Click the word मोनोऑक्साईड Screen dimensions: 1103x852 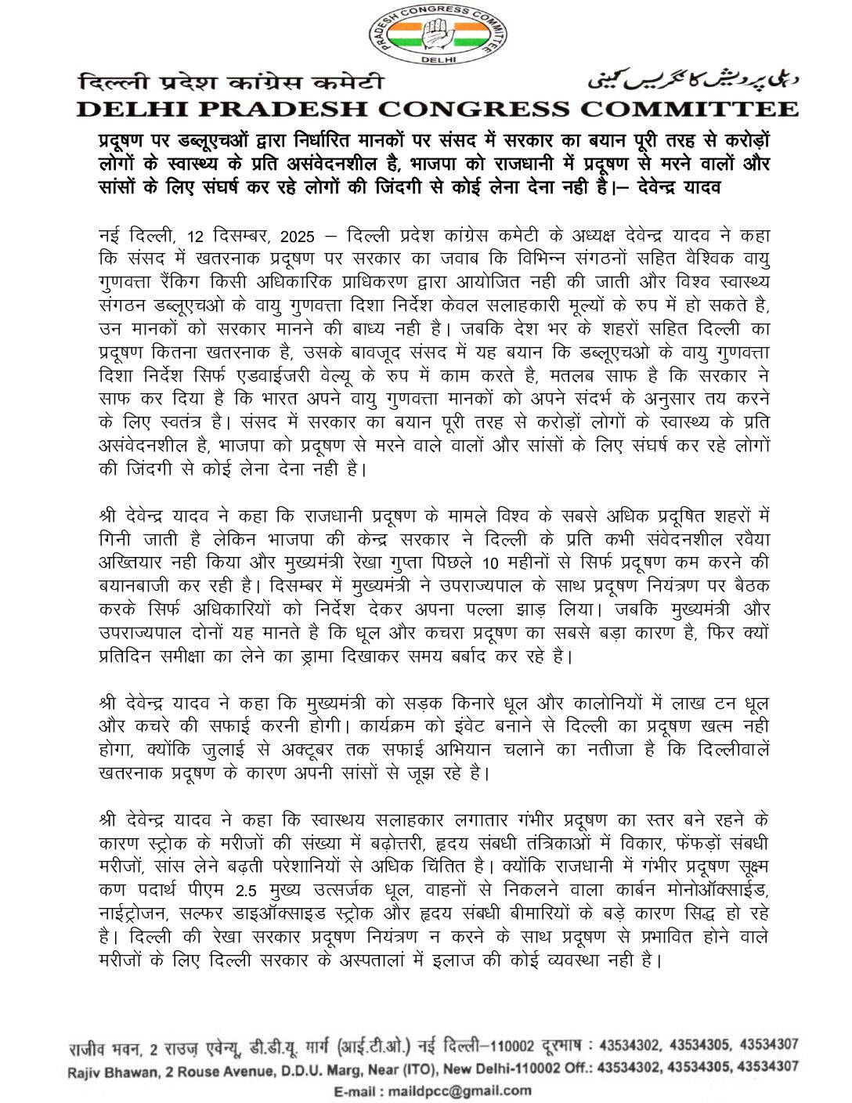716,891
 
